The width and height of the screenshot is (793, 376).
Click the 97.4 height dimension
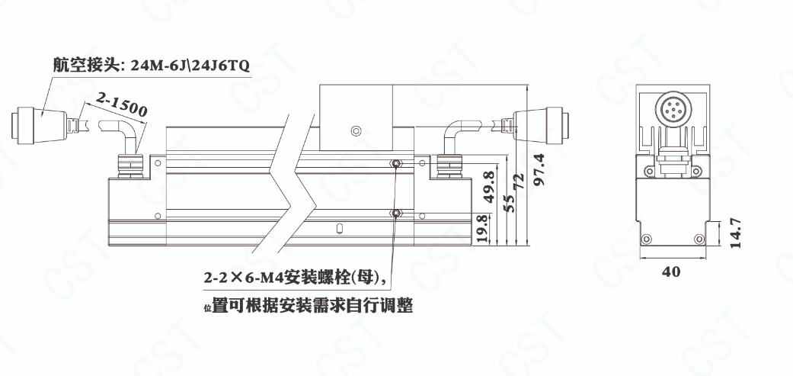[x=539, y=170]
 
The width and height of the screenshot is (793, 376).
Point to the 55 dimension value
[x=510, y=203]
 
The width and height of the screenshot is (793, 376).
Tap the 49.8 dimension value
[x=489, y=187]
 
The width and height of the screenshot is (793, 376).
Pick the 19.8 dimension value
[x=482, y=229]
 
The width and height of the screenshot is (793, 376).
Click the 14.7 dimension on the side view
[x=736, y=233]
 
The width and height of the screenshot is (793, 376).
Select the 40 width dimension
[x=671, y=272]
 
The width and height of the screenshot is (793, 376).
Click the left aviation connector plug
[x=40, y=124]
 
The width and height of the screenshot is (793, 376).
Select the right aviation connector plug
[x=540, y=124]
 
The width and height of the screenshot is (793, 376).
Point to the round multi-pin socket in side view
[x=672, y=108]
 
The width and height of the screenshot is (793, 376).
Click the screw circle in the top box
[x=356, y=132]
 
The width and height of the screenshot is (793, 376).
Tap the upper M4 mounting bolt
[x=396, y=163]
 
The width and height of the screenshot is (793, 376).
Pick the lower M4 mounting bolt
[x=396, y=214]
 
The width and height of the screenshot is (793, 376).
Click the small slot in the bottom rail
[x=340, y=227]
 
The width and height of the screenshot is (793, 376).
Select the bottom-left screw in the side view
[x=645, y=239]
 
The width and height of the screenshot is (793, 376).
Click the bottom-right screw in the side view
[x=699, y=239]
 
